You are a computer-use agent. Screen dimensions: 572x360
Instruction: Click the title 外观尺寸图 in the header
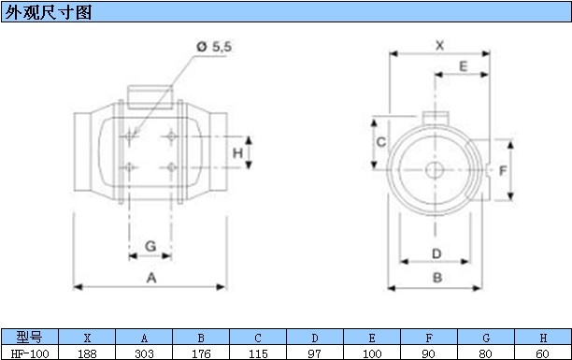click(48, 12)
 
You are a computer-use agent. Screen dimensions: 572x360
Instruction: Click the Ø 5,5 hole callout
click(214, 47)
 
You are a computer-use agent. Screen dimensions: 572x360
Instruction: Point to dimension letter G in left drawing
click(150, 246)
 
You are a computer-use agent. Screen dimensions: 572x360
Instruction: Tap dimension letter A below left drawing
click(151, 278)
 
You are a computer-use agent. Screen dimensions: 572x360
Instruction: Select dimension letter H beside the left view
click(237, 152)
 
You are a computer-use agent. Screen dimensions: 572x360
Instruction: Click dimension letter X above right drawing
click(439, 46)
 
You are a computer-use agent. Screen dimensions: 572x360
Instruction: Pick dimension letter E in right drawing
click(463, 66)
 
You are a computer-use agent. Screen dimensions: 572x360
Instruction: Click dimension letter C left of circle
click(380, 142)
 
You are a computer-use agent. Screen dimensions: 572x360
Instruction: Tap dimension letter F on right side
click(503, 170)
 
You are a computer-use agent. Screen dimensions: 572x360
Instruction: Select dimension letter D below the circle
click(436, 253)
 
